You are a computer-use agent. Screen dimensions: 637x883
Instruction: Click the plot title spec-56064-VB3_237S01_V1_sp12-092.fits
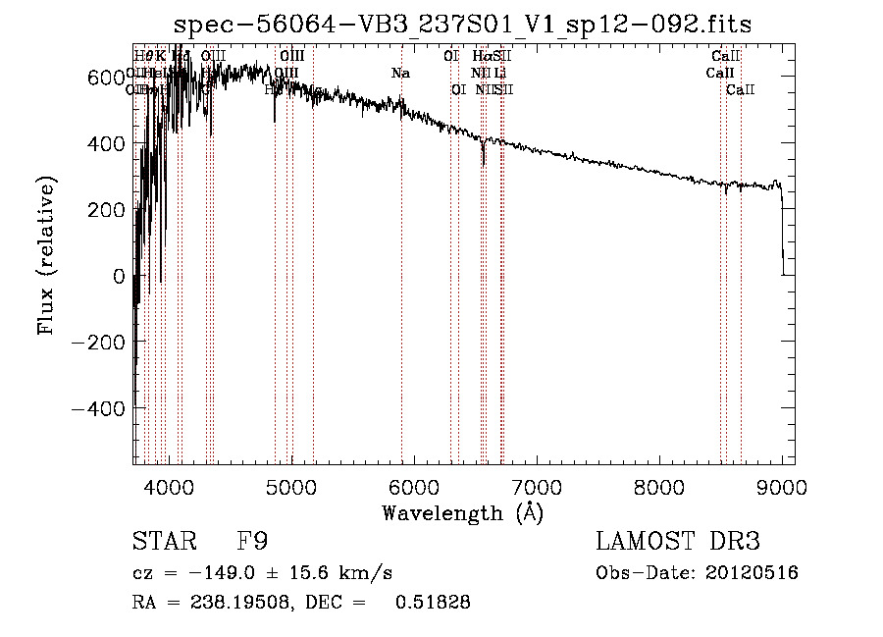click(x=462, y=25)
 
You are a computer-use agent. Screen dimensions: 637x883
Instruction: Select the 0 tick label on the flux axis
click(x=119, y=276)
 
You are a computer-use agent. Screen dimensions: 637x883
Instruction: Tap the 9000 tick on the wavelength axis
click(x=781, y=485)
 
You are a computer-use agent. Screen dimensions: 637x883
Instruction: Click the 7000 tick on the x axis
click(x=536, y=485)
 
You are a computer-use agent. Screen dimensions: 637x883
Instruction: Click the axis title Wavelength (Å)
click(x=462, y=512)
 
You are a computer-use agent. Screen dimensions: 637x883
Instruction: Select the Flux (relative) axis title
click(x=46, y=255)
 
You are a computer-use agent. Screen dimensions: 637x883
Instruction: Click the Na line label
click(x=400, y=74)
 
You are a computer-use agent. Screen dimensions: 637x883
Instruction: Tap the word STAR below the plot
click(x=162, y=543)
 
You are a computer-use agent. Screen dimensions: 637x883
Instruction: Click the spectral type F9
click(x=251, y=543)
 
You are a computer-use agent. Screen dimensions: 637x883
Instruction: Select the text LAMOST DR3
click(x=678, y=543)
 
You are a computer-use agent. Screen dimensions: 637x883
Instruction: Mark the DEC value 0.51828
click(x=432, y=603)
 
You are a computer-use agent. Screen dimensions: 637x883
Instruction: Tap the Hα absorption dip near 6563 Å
click(x=483, y=157)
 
